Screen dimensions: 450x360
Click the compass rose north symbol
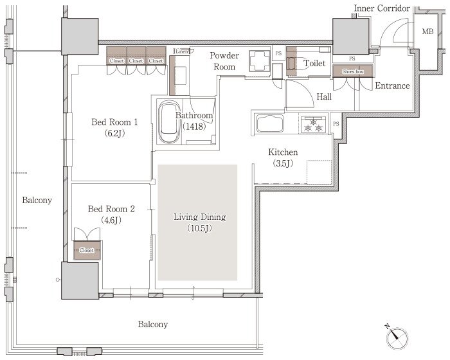coord(397,337)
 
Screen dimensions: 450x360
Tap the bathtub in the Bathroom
coord(168,122)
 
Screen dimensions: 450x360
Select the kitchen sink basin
coord(270,123)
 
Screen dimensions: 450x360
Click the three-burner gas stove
coord(313,124)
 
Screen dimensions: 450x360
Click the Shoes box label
coord(353,71)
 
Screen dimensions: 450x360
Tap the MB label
coord(428,32)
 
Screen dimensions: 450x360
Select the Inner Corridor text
coord(382,8)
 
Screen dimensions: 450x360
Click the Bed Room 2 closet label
coord(87,250)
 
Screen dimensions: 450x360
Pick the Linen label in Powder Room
coord(182,51)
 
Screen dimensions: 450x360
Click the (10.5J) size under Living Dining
coord(200,228)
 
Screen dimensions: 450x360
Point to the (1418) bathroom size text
coord(195,126)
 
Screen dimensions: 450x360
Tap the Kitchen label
coord(283,152)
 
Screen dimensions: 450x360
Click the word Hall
coord(324,96)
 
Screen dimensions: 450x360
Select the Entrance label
coord(392,85)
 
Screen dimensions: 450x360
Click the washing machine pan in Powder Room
coord(260,61)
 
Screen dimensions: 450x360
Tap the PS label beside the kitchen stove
coord(336,123)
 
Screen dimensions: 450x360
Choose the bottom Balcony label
coord(153,324)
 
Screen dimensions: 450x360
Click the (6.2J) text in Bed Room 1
coord(115,133)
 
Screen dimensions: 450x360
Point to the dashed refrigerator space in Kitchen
coord(319,172)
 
